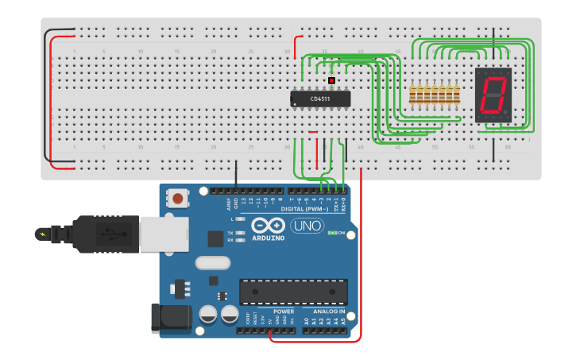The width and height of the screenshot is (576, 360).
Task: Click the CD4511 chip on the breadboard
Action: (x=320, y=99)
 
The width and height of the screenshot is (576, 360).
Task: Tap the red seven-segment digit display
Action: (x=493, y=95)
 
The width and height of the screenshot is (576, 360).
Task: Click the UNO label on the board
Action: (x=307, y=226)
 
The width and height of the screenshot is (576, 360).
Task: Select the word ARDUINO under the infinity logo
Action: (x=269, y=238)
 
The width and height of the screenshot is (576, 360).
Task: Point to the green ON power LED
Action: (x=332, y=233)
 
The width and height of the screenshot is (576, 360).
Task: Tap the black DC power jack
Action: (x=172, y=318)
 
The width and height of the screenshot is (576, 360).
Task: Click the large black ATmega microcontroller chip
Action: (x=293, y=292)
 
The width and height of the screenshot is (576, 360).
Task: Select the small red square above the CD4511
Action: (x=331, y=80)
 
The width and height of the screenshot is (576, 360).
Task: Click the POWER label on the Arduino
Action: (x=284, y=312)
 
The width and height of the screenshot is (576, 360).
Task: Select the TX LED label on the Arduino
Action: (x=230, y=232)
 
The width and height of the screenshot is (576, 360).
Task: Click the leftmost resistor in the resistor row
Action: (x=412, y=95)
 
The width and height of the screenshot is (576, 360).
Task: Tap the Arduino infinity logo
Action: (x=269, y=225)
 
